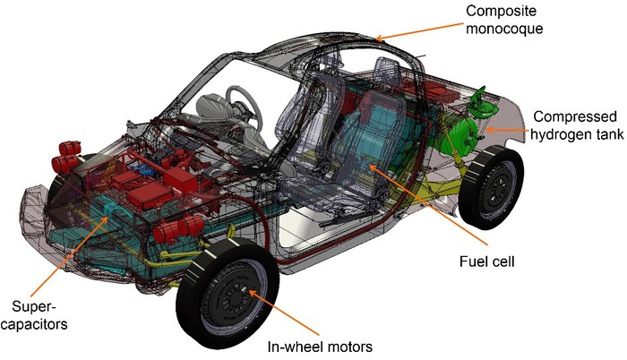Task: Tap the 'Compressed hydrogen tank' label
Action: click(x=572, y=125)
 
